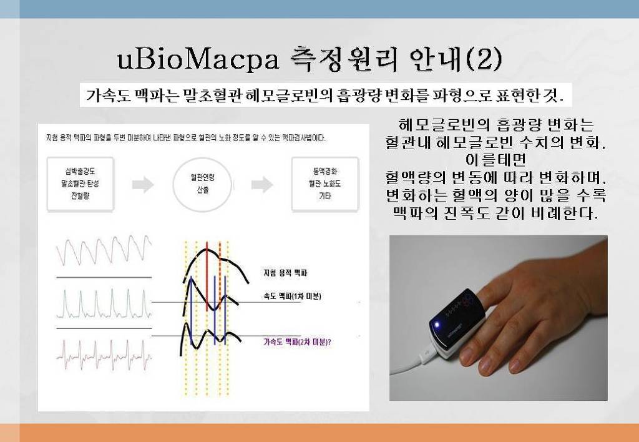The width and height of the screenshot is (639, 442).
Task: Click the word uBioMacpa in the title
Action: pos(198,59)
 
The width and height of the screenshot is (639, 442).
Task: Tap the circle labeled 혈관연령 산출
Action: pos(203,184)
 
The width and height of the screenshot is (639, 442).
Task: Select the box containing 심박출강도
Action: pos(80,184)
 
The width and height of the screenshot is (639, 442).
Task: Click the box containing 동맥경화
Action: pos(324,184)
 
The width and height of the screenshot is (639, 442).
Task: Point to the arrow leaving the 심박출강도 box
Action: pos(143,185)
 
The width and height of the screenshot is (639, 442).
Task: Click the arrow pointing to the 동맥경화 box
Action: pos(262,185)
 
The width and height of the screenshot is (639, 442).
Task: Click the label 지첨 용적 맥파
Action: pos(285,273)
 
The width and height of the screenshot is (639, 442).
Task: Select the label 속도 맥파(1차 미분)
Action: pos(292,297)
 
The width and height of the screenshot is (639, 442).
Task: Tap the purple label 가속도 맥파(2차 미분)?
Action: pos(297,342)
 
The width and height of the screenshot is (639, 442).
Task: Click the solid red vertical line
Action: pos(207,277)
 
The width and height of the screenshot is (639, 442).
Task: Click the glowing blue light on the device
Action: pos(437,325)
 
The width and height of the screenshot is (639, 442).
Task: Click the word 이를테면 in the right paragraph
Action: pos(495,159)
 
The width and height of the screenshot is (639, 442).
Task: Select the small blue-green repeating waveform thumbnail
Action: pos(104,303)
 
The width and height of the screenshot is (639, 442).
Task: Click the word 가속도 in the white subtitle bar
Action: pos(107,96)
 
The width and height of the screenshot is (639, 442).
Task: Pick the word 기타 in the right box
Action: pos(324,196)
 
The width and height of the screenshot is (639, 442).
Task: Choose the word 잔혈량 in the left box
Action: pos(80,196)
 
